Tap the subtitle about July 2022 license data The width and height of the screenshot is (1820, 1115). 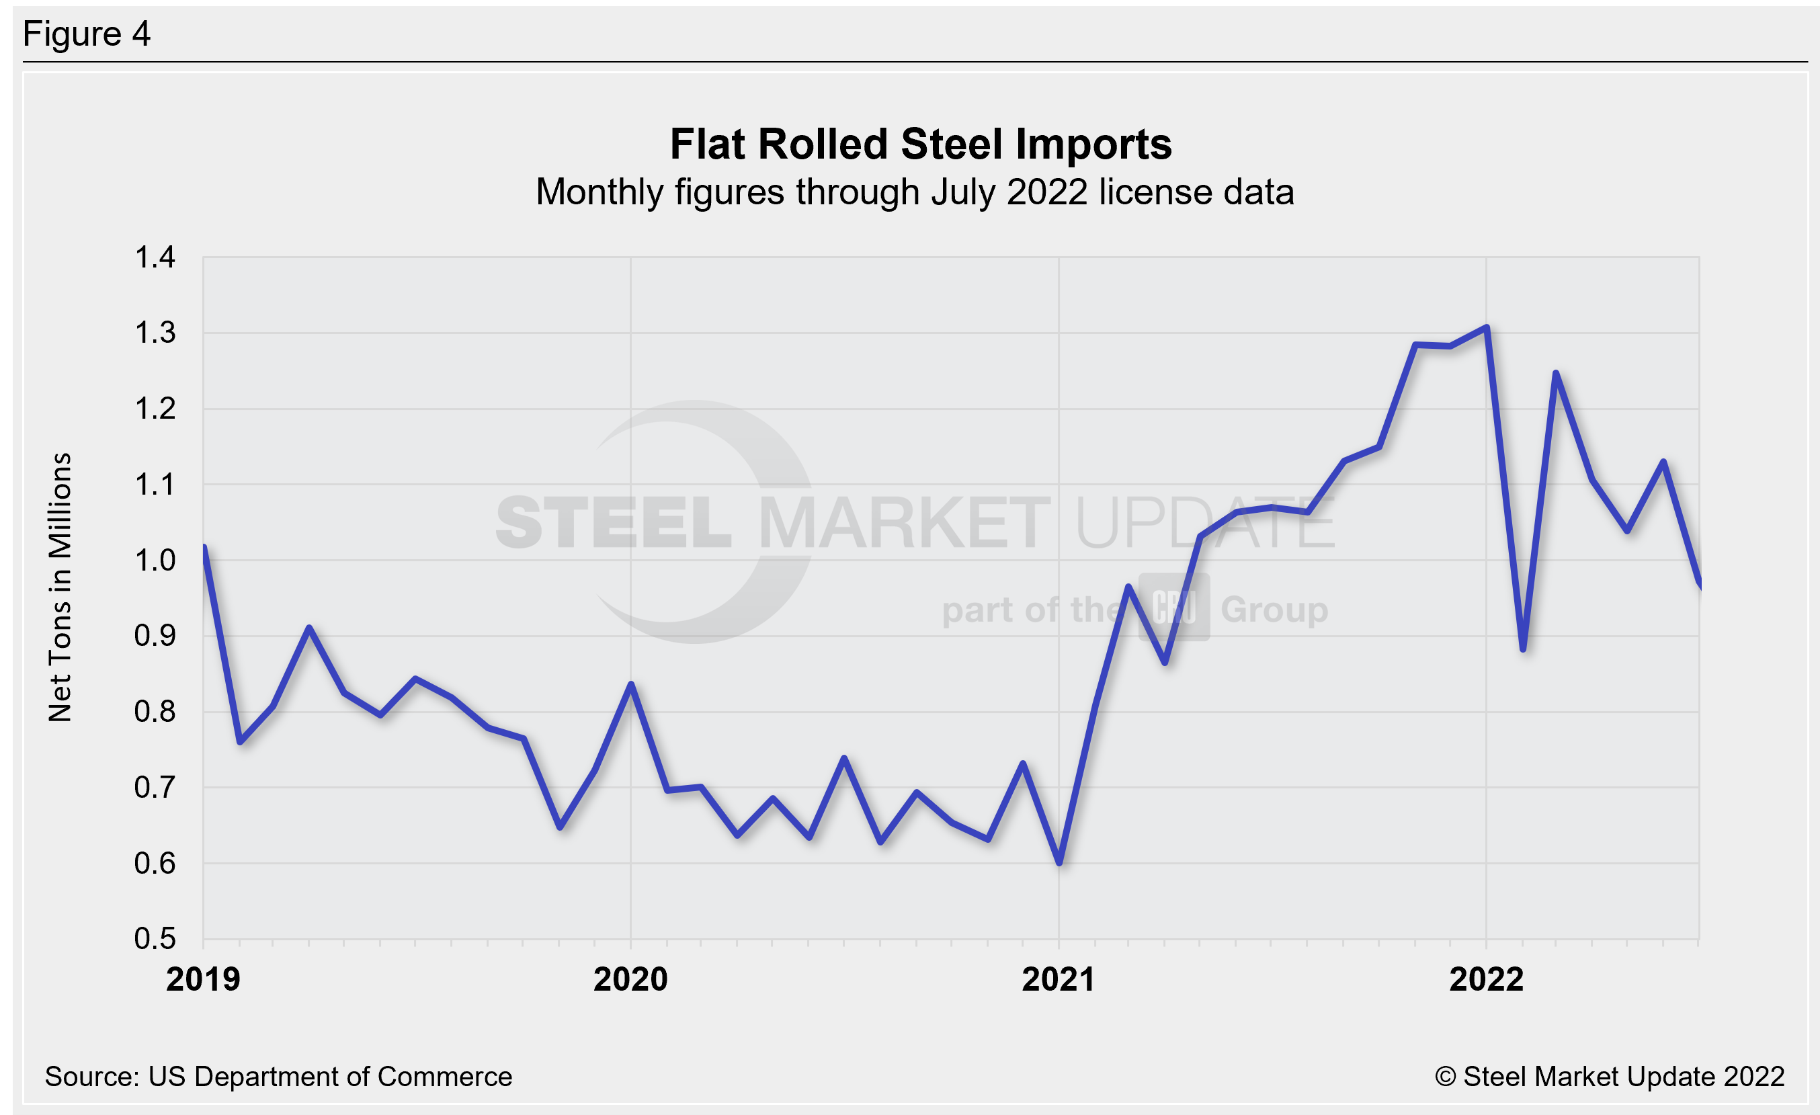(915, 192)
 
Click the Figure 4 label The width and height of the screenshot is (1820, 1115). (87, 34)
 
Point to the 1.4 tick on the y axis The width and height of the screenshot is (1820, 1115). (155, 257)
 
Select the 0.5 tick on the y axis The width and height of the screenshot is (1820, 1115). (155, 938)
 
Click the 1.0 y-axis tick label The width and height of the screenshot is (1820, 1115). (155, 561)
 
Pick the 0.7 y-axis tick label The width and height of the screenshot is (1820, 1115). (155, 787)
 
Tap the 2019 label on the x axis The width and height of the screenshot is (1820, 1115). (203, 980)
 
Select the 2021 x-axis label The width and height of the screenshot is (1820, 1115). (1058, 980)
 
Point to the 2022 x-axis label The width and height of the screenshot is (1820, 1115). (1486, 980)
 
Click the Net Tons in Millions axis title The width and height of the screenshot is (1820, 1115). (60, 587)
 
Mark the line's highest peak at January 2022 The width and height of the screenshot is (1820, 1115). (1486, 327)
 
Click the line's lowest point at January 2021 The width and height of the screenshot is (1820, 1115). (1060, 862)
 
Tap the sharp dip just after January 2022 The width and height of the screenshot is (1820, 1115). (1523, 649)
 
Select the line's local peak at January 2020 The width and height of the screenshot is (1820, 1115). (631, 684)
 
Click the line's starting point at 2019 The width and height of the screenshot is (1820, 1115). (204, 547)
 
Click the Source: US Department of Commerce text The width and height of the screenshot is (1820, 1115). (278, 1077)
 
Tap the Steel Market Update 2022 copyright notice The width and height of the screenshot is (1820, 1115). (1610, 1077)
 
